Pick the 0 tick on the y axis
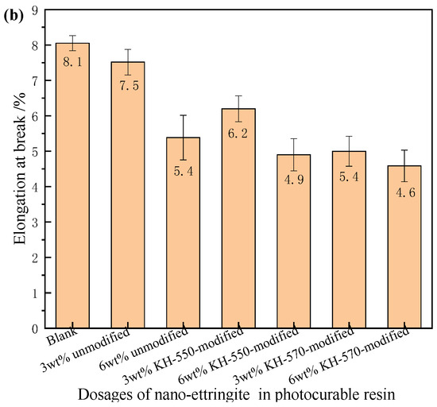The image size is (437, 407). click(x=35, y=328)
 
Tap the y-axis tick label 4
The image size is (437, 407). click(x=35, y=186)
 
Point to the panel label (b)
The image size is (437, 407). click(x=14, y=10)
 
